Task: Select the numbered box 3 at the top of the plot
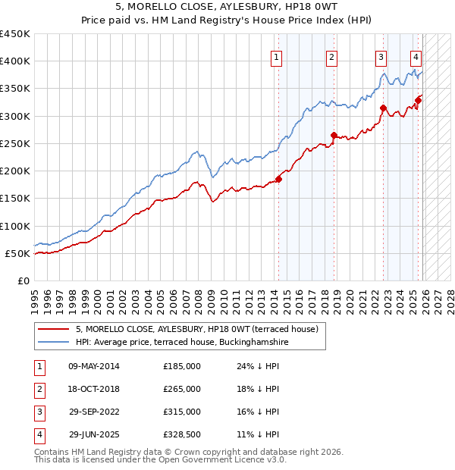(380, 57)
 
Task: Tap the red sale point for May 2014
(278, 179)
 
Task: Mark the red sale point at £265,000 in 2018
(334, 136)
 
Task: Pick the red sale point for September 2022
(383, 108)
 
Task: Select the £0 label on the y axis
(24, 280)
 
